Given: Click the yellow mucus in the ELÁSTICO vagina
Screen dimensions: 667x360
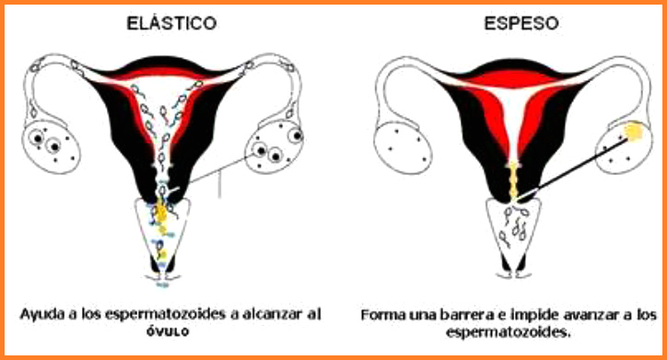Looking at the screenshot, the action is (162, 221).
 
